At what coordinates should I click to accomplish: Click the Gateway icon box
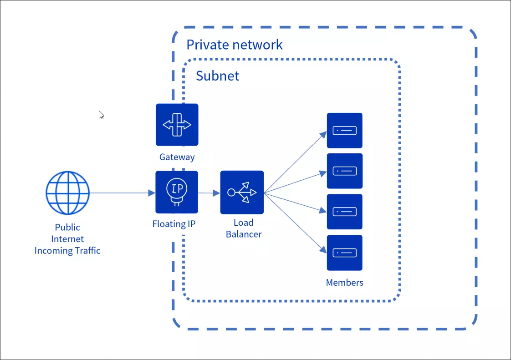(x=177, y=125)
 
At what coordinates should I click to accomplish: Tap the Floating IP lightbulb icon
(x=177, y=192)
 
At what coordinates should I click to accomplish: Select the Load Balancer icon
(x=242, y=192)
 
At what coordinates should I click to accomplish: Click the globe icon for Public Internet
(x=67, y=193)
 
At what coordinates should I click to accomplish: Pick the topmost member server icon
(x=344, y=131)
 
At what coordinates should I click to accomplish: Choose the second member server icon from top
(x=344, y=171)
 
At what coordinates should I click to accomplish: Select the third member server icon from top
(x=344, y=212)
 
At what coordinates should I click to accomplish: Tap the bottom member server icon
(x=344, y=252)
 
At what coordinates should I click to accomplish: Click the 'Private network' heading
(x=235, y=45)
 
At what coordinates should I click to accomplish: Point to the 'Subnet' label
(x=217, y=76)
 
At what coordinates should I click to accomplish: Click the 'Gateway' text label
(x=177, y=157)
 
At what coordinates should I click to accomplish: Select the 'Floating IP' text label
(x=174, y=224)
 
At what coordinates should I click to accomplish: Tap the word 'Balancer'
(x=244, y=234)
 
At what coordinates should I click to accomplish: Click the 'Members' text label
(x=344, y=283)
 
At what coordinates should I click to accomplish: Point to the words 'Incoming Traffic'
(x=67, y=251)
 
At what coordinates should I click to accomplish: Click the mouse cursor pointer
(x=101, y=115)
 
